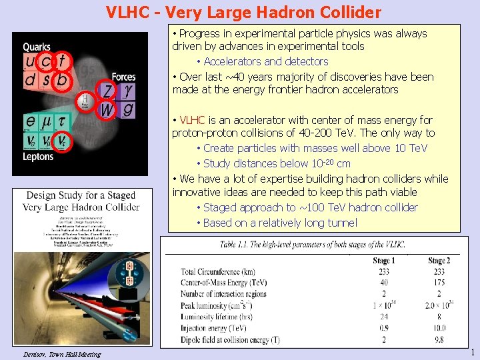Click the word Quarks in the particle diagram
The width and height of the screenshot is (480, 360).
point(37,47)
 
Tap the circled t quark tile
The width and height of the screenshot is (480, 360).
point(61,61)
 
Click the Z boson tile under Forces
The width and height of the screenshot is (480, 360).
point(107,90)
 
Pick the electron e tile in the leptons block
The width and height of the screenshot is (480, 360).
point(31,121)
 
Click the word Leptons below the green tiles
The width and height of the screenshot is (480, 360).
point(38,157)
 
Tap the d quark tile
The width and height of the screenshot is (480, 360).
point(31,80)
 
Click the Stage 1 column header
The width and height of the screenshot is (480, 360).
point(384,261)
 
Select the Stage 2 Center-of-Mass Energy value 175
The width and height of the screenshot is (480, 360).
point(439,283)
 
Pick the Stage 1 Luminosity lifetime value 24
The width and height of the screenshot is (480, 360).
point(384,317)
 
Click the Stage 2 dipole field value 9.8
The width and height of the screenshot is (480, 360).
point(439,339)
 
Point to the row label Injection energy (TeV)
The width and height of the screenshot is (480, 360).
point(213,328)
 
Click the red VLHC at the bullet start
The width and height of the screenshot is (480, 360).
point(193,121)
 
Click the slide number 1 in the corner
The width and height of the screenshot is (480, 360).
point(472,353)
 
